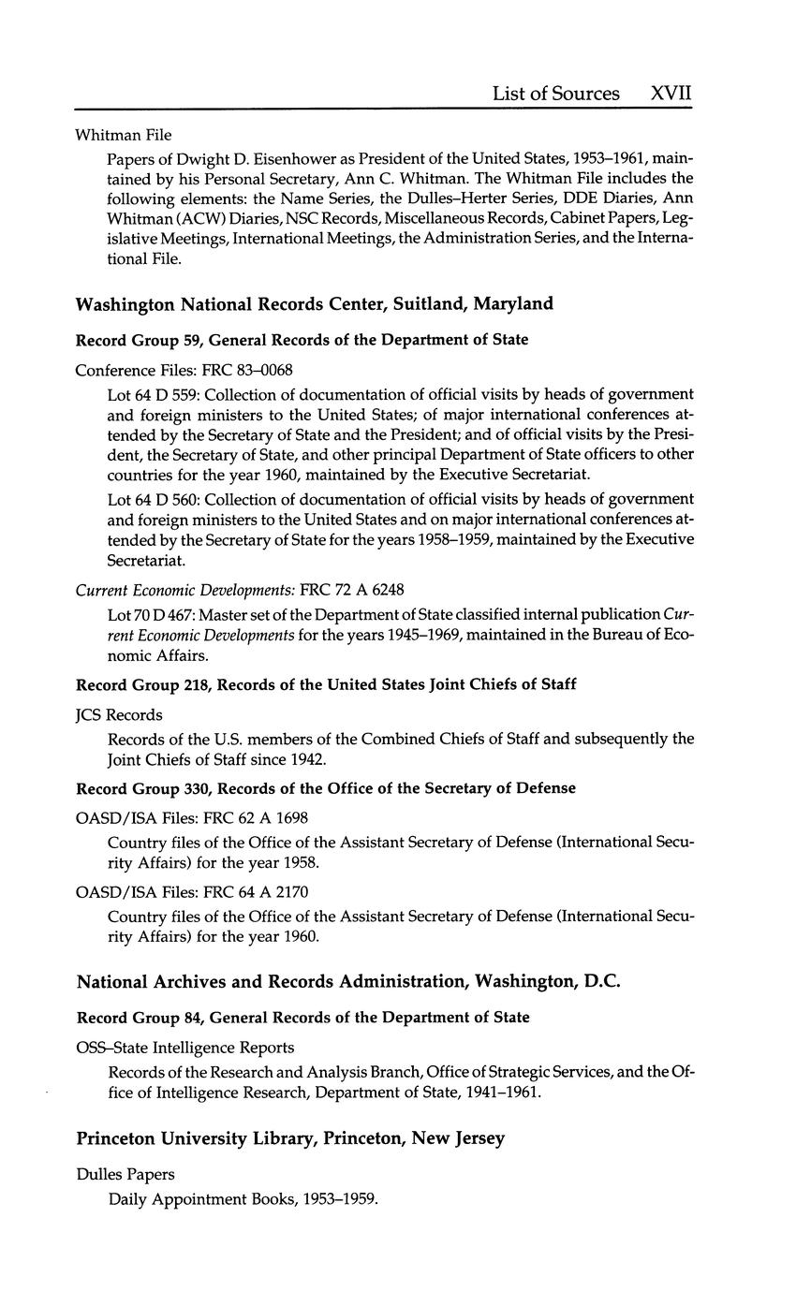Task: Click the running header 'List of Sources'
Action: [x=555, y=94]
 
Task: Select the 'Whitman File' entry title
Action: [x=124, y=135]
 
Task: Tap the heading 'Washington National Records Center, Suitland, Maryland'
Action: [x=314, y=304]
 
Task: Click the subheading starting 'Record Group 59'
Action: [x=302, y=340]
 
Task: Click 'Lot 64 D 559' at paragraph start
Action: [x=153, y=394]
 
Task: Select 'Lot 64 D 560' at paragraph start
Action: [x=153, y=498]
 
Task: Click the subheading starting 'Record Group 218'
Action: [x=325, y=684]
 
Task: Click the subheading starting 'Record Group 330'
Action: [x=325, y=788]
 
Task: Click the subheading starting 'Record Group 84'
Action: [x=302, y=1017]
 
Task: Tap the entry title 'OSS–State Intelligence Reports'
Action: [x=184, y=1047]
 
